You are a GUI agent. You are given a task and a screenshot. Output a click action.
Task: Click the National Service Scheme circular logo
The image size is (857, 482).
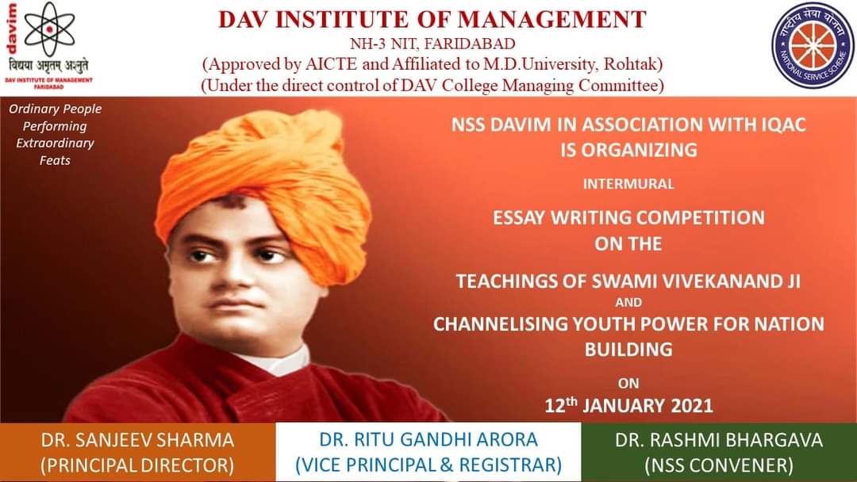pos(813,46)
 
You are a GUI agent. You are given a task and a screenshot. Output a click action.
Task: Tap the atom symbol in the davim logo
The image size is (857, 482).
pos(50,29)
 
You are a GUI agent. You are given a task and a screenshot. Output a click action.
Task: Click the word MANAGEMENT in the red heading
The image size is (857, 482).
pos(551,20)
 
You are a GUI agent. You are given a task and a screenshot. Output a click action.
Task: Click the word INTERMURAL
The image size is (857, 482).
pos(628,184)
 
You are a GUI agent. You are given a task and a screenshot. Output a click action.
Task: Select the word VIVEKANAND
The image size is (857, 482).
pos(721,281)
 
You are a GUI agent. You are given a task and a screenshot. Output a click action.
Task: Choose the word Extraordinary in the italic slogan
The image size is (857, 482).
pos(56,143)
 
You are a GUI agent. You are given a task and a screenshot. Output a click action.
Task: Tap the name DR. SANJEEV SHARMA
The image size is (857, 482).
pos(137,440)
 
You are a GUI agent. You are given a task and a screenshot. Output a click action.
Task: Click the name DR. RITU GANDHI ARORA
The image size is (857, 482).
pos(428,440)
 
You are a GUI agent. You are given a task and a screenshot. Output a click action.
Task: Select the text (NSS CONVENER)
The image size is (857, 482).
pos(719,465)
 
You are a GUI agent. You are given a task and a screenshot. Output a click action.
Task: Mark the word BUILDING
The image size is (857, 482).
pos(628,350)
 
